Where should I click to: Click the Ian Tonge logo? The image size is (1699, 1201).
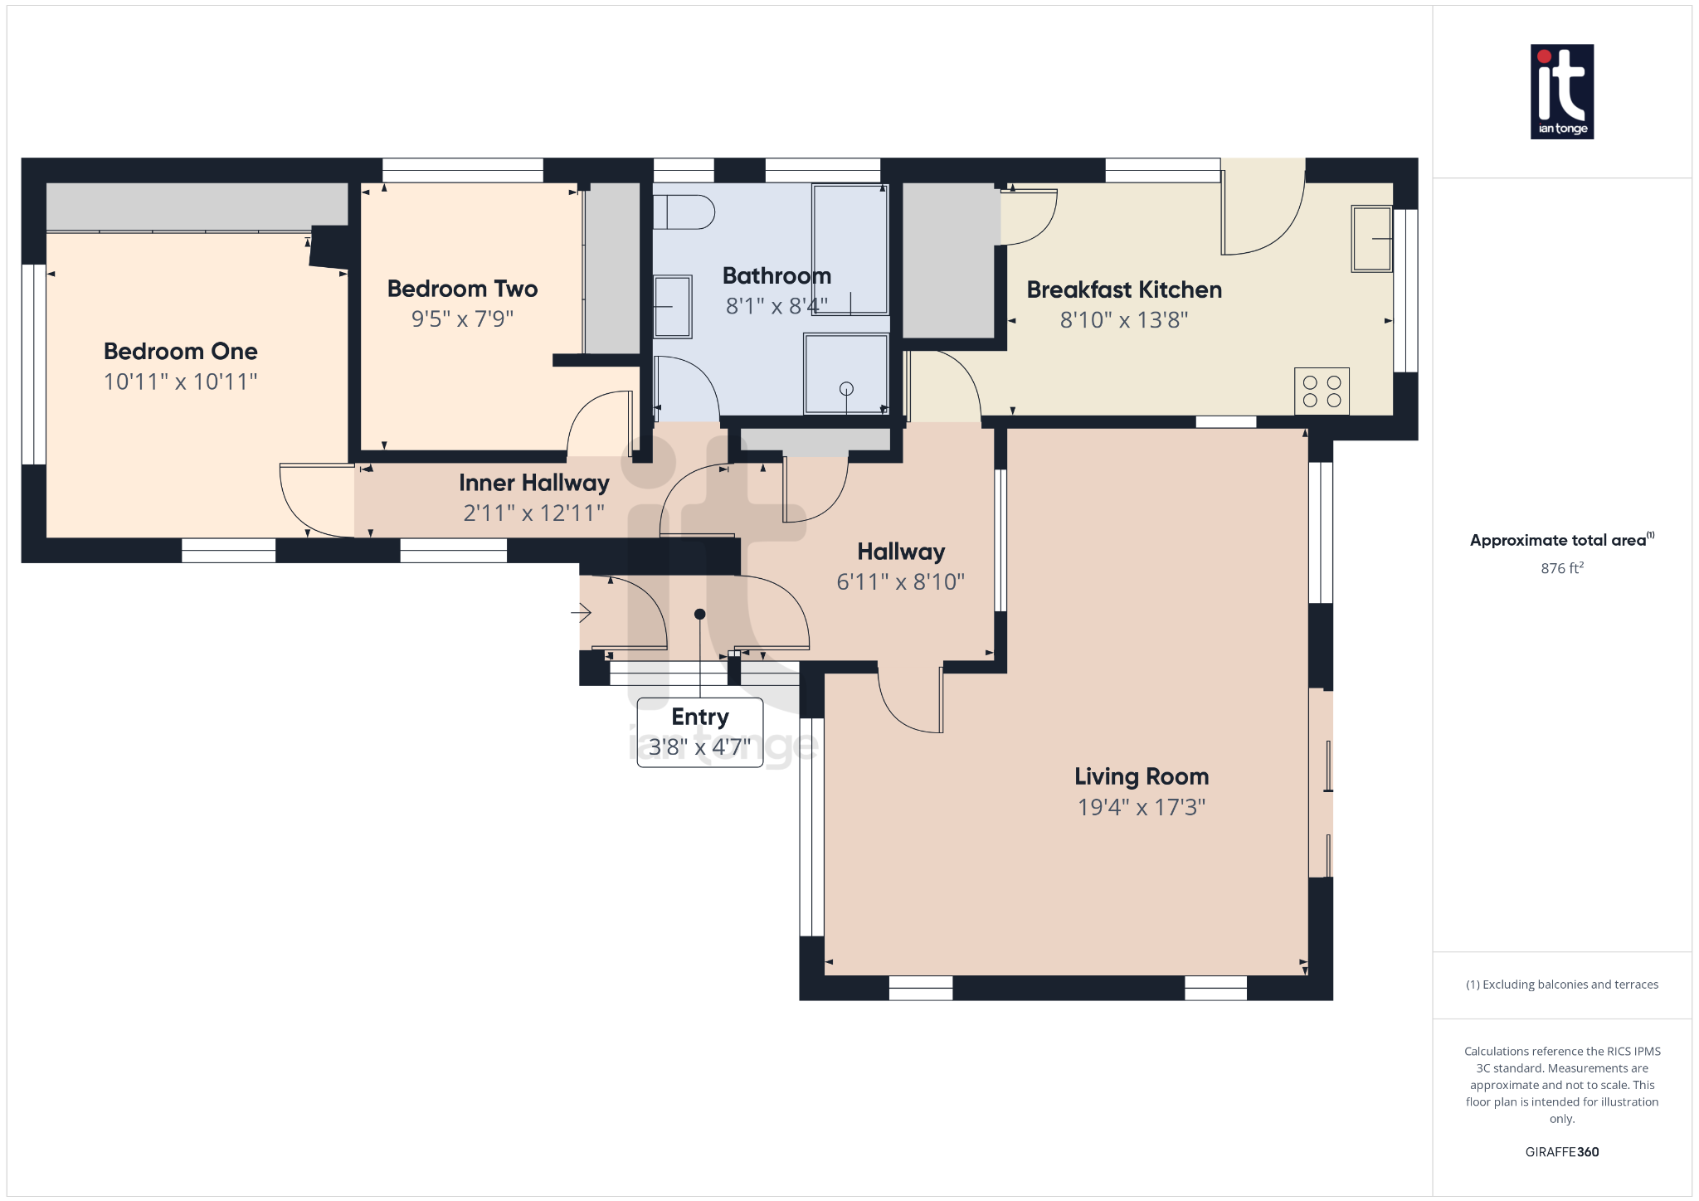coord(1561,91)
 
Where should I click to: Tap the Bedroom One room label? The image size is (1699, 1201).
coord(180,351)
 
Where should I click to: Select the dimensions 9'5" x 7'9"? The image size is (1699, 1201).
coord(462,319)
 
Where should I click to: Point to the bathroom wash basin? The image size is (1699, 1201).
coord(672,307)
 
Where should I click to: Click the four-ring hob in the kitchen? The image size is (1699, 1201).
coord(1322,391)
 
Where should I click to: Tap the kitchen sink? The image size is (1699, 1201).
coord(1371,238)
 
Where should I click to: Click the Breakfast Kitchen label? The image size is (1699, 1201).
coord(1123,289)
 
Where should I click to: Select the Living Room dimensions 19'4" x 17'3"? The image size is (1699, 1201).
coord(1141,807)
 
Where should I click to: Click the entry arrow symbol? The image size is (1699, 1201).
coord(581,613)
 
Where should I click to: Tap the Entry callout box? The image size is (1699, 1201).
coord(699,732)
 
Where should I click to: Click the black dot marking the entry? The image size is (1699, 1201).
coord(699,614)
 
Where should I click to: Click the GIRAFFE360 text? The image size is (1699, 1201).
coord(1561,1151)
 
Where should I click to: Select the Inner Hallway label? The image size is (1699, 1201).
coord(533,483)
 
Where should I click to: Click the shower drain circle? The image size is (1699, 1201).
coord(846,388)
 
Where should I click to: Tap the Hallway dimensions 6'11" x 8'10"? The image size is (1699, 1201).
coord(900,582)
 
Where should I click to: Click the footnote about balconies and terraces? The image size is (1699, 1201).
coord(1561,985)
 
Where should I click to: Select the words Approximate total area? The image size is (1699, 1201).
coord(1557,540)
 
